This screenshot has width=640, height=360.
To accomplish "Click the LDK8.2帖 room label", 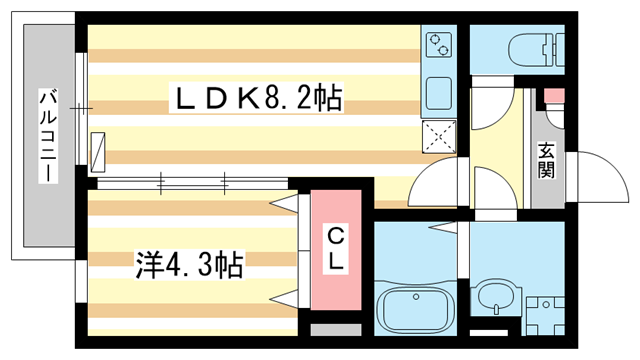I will pos(259,98).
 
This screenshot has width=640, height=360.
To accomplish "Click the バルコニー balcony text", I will pos(46,136).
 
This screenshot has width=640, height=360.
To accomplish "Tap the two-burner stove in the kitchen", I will pos(439,45).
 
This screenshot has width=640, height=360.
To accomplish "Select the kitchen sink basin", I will pos(439,94).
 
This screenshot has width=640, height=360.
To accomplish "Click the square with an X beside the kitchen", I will pos(439,136).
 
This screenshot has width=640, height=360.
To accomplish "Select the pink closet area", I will pos(337,250).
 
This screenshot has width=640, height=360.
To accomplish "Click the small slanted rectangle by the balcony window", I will pos(97,150).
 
